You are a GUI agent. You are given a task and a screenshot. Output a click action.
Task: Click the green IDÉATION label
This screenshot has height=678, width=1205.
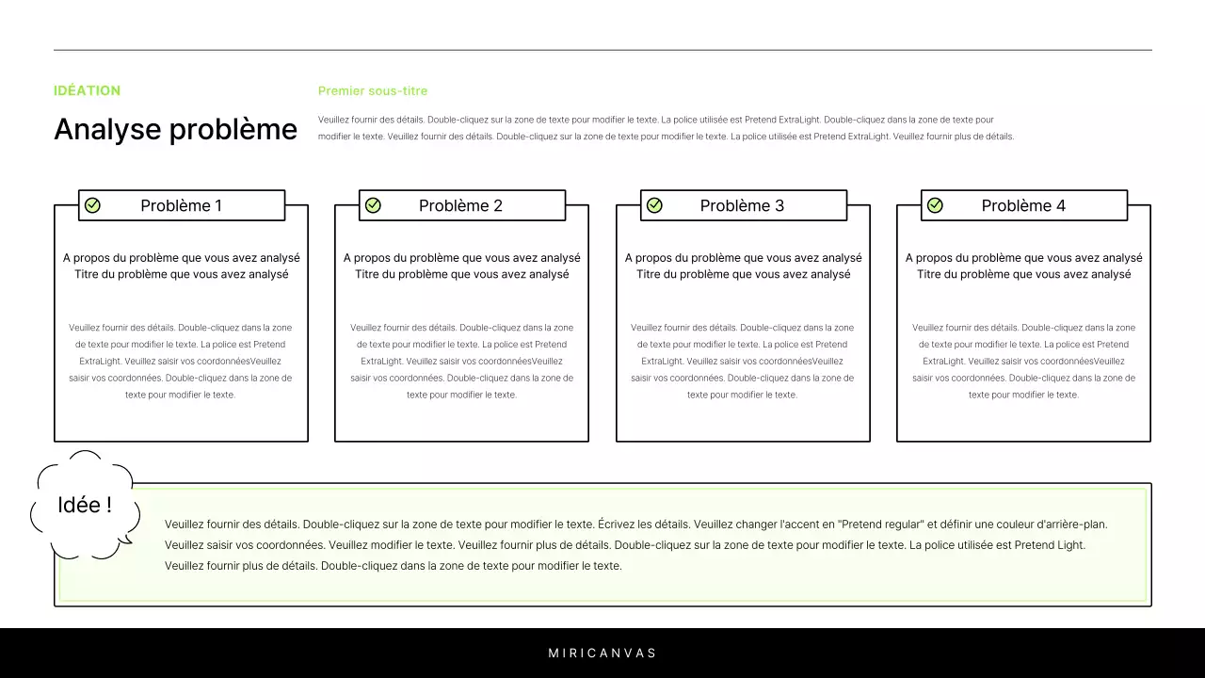coord(87,90)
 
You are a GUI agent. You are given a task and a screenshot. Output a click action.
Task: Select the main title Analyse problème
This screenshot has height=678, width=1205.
coord(175,129)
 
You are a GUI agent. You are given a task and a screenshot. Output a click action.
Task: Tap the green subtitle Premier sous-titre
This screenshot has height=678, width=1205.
coord(373,91)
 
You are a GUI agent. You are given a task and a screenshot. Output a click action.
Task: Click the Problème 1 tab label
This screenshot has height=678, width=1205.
coord(181,205)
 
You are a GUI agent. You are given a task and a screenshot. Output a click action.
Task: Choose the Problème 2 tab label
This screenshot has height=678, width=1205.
coord(460,205)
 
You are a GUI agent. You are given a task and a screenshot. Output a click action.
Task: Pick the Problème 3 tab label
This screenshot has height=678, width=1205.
coord(742,205)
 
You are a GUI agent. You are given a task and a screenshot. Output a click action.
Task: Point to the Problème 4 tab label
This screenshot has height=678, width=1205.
coord(1023,205)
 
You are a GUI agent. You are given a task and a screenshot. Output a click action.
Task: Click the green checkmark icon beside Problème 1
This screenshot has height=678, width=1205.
coord(92,205)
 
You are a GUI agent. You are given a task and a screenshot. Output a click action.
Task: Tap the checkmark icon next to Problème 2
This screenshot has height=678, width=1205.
coord(373,205)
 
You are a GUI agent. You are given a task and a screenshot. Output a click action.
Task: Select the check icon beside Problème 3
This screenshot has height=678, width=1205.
coord(654,205)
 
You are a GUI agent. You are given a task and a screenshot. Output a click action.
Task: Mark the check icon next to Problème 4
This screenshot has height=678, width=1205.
coord(935,205)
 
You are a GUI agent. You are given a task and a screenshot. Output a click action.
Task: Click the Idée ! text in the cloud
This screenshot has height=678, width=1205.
coord(85,505)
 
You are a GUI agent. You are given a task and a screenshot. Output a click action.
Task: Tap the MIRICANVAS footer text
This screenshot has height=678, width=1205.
coord(602,653)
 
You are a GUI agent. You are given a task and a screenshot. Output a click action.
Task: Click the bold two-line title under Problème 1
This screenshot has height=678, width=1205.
coord(181,266)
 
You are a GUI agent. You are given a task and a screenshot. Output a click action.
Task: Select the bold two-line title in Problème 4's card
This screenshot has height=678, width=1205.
coord(1023,266)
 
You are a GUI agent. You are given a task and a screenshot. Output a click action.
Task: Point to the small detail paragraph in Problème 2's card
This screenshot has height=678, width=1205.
coord(461,361)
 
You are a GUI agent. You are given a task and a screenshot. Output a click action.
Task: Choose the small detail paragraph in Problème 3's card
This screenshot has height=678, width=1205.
coord(742,361)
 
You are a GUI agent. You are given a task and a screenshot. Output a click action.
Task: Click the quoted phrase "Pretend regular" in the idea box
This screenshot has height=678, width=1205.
coord(881,525)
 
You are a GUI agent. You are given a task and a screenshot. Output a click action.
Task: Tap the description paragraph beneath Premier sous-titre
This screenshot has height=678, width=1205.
coord(666,128)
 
